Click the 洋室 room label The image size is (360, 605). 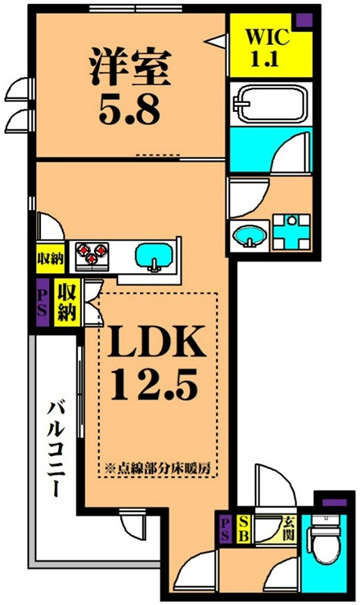tap(129, 66)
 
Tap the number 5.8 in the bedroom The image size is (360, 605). tap(129, 110)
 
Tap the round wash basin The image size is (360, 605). tap(250, 237)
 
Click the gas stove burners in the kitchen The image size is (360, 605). tap(92, 254)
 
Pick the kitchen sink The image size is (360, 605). tap(157, 257)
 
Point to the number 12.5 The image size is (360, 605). tap(154, 387)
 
